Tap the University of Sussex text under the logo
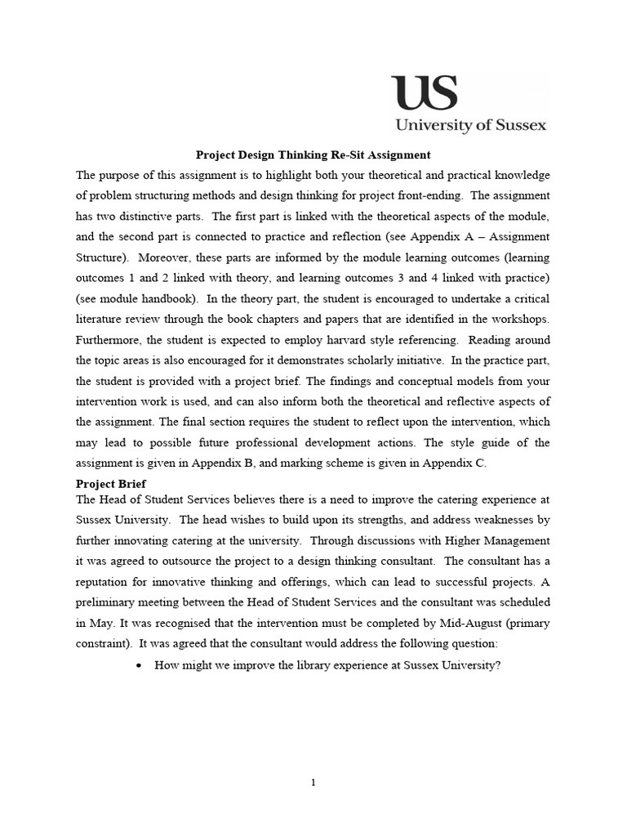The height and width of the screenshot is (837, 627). click(x=471, y=125)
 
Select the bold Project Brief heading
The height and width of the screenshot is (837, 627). click(x=111, y=484)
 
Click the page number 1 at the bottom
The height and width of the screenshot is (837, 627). click(x=313, y=782)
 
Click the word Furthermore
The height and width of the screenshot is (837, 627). click(x=109, y=339)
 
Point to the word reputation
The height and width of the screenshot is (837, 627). click(x=104, y=581)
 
